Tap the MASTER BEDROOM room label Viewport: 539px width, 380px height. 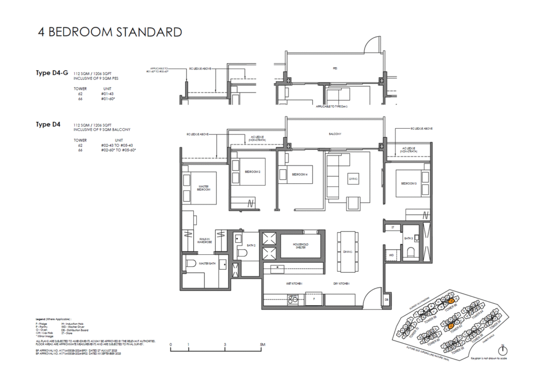tap(204, 187)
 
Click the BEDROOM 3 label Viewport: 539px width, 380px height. tap(409, 183)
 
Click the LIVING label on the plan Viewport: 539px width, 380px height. tap(353, 179)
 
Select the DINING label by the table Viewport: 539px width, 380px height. tap(347, 252)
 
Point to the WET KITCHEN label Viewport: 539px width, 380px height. tap(294, 284)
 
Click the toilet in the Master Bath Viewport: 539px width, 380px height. tap(192, 264)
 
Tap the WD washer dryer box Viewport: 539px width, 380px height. tap(392, 255)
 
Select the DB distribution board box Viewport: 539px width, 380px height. tap(386, 300)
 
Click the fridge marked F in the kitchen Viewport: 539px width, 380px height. tap(314, 297)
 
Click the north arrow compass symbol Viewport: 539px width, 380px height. tap(504, 350)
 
